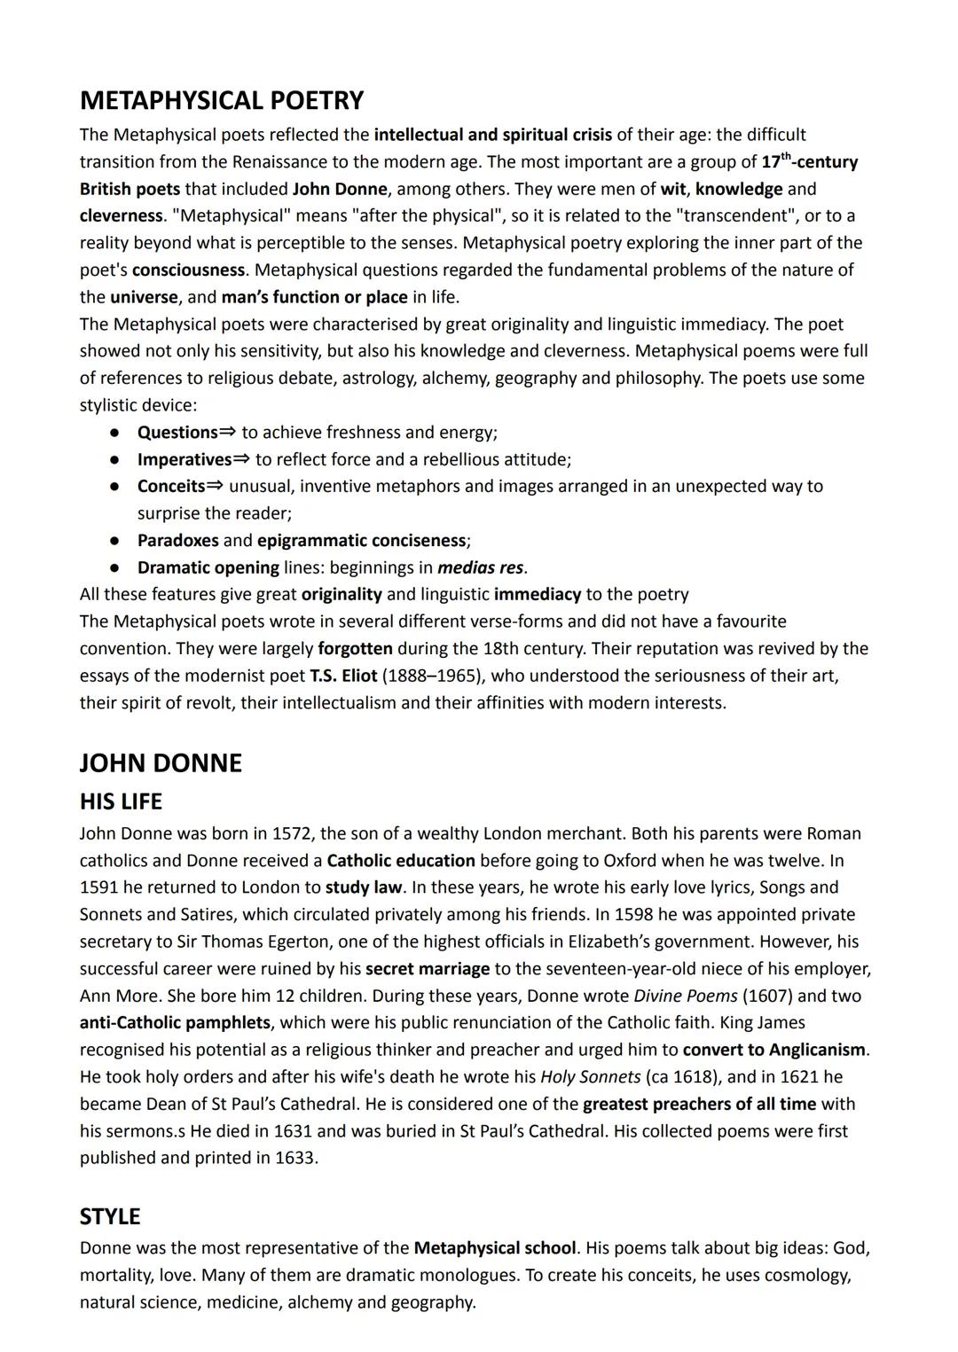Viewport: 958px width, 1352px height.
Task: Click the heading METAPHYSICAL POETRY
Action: [x=222, y=100]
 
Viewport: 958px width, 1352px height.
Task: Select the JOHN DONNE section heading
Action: [x=161, y=763]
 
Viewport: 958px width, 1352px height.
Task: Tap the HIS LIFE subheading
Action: [x=121, y=801]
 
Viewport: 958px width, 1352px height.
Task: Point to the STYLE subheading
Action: [x=110, y=1215]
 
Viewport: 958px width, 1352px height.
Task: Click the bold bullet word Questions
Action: [x=177, y=433]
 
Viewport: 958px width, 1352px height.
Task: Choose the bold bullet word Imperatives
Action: [x=185, y=459]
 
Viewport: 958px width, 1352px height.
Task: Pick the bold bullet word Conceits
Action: [x=171, y=487]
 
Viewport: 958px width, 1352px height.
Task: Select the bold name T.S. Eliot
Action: [x=343, y=676]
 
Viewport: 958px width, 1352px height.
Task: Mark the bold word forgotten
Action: [x=355, y=648]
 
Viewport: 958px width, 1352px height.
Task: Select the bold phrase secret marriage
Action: [x=428, y=969]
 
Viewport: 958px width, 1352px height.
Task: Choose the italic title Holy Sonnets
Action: [x=590, y=1077]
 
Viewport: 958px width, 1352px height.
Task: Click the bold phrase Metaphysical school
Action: [x=495, y=1248]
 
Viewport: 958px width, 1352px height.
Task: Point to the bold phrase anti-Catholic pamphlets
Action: [x=174, y=1023]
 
